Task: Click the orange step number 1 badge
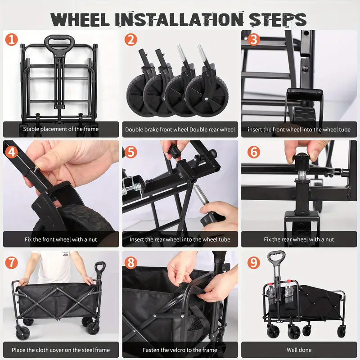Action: coord(11,40)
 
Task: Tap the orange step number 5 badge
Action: coord(130,151)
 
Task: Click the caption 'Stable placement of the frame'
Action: coord(61,129)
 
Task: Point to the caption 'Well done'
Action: coord(299,350)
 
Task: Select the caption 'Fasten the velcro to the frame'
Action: coord(180,350)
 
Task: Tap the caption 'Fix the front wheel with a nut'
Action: coord(61,239)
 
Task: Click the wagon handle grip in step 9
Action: coord(276,256)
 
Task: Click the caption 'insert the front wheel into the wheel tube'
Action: coord(299,129)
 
